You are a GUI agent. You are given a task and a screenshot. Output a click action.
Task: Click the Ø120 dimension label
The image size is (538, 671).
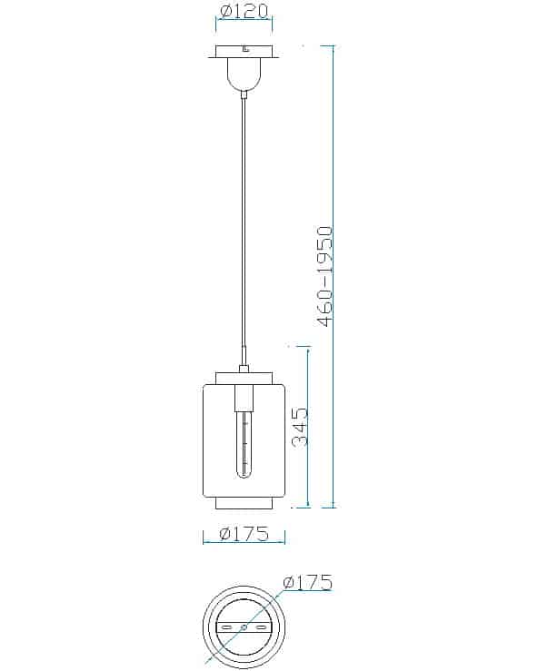click(x=245, y=13)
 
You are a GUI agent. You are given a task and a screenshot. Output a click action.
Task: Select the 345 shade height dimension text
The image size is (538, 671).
click(x=301, y=426)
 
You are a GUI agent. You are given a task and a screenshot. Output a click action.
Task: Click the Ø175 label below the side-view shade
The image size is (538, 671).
click(x=244, y=534)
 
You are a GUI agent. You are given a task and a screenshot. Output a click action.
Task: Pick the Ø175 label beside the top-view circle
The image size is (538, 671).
click(x=307, y=582)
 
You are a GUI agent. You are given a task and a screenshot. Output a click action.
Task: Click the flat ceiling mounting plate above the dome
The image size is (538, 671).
click(x=244, y=53)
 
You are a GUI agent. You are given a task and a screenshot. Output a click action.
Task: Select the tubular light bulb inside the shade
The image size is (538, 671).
click(x=244, y=445)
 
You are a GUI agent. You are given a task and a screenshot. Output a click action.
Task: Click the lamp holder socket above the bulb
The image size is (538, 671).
click(x=244, y=398)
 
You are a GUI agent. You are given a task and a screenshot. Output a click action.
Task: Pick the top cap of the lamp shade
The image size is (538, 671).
click(x=244, y=377)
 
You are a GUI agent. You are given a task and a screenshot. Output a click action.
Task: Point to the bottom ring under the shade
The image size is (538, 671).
click(x=244, y=503)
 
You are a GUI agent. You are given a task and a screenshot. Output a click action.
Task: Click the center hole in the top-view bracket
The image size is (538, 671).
click(x=244, y=627)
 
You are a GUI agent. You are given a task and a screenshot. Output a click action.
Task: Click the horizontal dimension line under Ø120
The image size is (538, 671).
click(x=244, y=29)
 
